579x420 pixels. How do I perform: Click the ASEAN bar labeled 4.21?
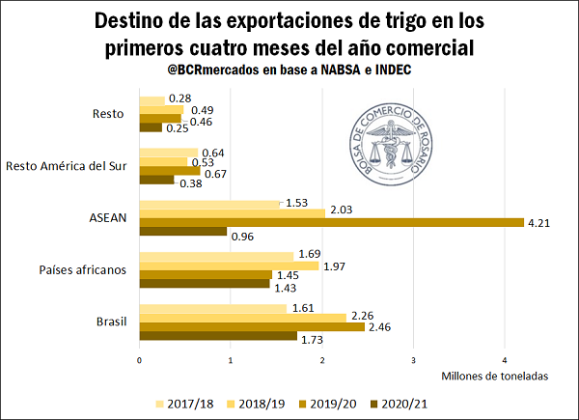tap(331, 223)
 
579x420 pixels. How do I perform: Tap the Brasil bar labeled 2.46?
tap(252, 326)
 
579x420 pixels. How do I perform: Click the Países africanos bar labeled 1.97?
tap(229, 266)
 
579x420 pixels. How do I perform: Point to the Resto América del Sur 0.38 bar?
tap(157, 180)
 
